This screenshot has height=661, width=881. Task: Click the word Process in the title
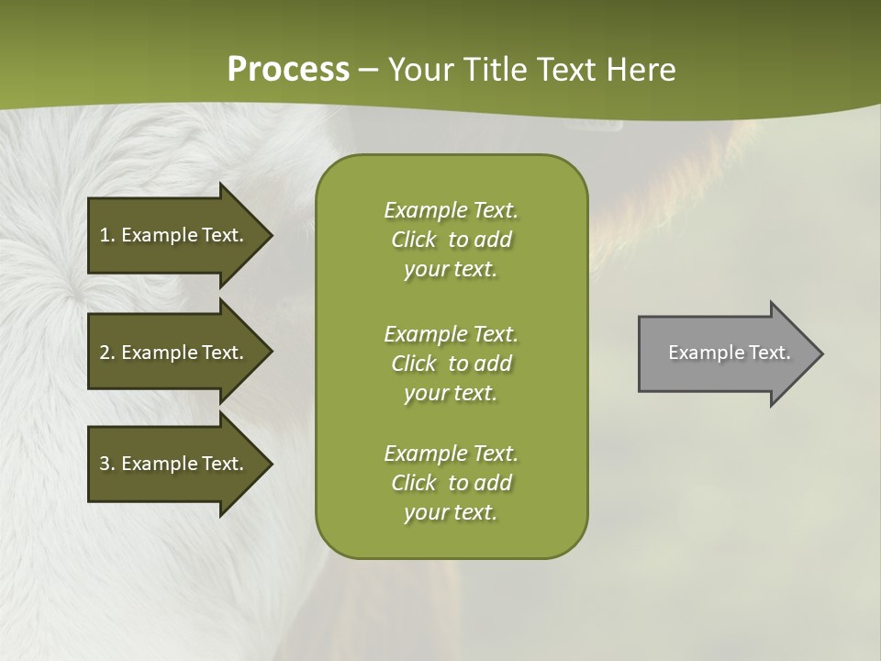tap(288, 70)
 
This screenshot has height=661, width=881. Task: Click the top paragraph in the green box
tap(451, 240)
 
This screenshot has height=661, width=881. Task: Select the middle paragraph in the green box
tap(451, 364)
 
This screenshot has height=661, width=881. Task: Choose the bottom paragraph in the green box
tap(451, 483)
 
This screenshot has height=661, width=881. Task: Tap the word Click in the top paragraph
tap(414, 240)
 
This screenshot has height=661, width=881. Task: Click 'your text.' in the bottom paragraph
tap(451, 512)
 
